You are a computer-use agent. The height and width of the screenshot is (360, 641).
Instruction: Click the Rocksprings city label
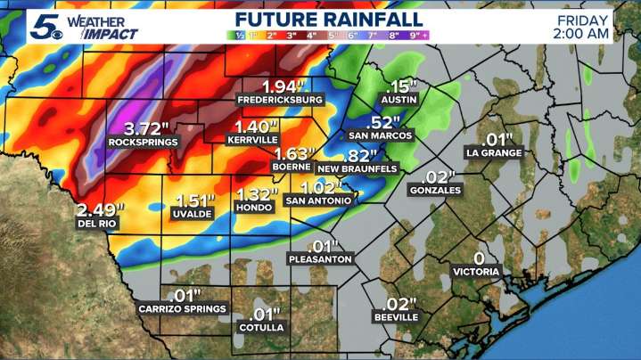point(143,142)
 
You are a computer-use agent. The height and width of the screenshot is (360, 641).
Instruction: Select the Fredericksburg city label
point(280,101)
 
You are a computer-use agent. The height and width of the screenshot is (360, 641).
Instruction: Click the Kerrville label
point(254,141)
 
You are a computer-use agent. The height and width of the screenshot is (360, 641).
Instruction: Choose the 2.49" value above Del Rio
point(101,210)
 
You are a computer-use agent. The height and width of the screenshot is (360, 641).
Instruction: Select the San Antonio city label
point(319,201)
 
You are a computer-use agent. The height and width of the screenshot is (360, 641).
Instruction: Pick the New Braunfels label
point(357,168)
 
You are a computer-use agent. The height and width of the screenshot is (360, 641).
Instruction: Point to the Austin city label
point(400,101)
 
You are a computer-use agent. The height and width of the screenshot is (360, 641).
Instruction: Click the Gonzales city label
point(435,190)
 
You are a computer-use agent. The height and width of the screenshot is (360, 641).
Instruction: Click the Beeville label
point(396,317)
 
